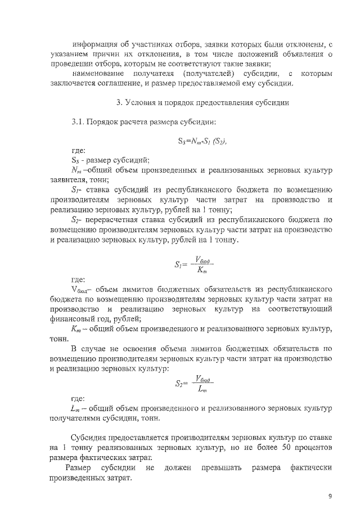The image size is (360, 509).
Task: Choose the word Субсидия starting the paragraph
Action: [x=89, y=438]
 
